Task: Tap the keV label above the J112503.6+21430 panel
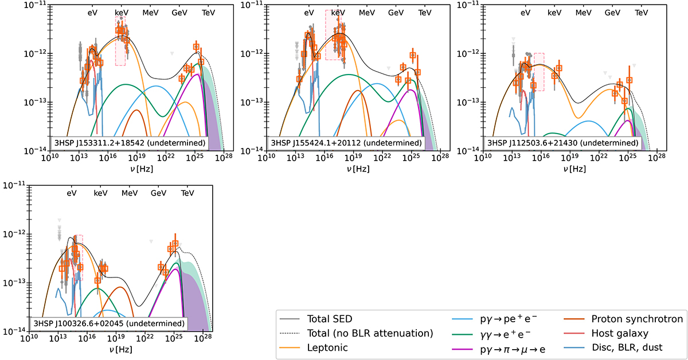pyautogui.click(x=554, y=12)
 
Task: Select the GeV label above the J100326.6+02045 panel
pyautogui.click(x=158, y=194)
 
